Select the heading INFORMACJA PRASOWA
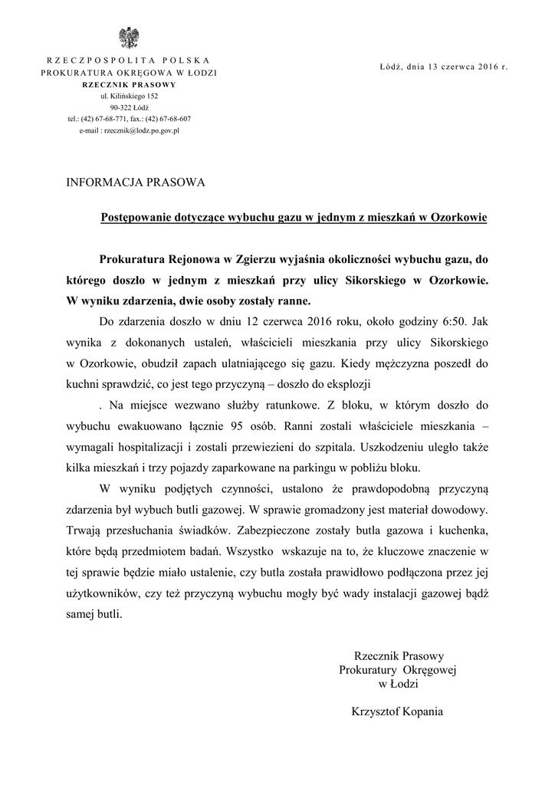(135, 183)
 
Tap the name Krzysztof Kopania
(396, 710)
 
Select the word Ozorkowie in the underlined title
(459, 217)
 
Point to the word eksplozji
(358, 381)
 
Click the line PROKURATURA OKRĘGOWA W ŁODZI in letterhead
(129, 72)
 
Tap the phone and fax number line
(129, 119)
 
